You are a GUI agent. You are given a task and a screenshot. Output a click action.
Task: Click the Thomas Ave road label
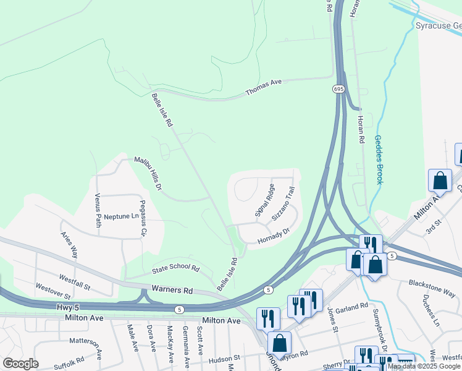264,86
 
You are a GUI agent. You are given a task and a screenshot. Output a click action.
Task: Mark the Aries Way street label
69,244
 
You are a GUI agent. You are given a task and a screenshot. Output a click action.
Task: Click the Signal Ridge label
264,200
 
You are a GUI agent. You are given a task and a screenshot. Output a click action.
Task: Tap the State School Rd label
176,270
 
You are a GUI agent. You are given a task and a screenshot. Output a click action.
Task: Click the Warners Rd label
175,290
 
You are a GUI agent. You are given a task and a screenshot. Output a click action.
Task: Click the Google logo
20,364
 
